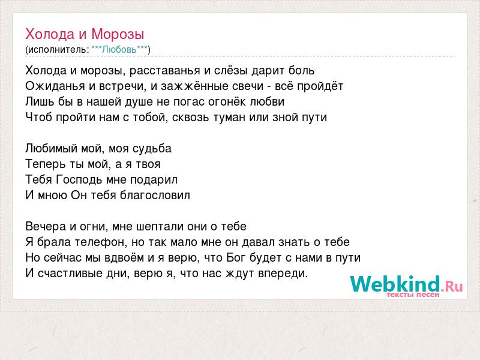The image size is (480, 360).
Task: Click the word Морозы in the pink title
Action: coord(118,34)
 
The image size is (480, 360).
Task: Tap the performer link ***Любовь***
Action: coord(119,50)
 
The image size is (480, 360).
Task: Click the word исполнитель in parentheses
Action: coord(58,50)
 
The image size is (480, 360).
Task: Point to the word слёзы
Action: coord(230,71)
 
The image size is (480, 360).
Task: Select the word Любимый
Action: coord(52,148)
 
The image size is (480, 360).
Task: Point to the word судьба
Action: coord(152,149)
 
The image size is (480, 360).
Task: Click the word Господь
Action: coord(80,179)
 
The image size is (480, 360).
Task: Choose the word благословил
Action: coord(155,196)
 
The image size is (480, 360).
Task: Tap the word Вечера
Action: coord(46,227)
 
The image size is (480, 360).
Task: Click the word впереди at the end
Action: coord(283,274)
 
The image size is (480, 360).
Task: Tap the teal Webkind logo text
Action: coord(395,284)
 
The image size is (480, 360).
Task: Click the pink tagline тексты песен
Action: coord(413,295)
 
